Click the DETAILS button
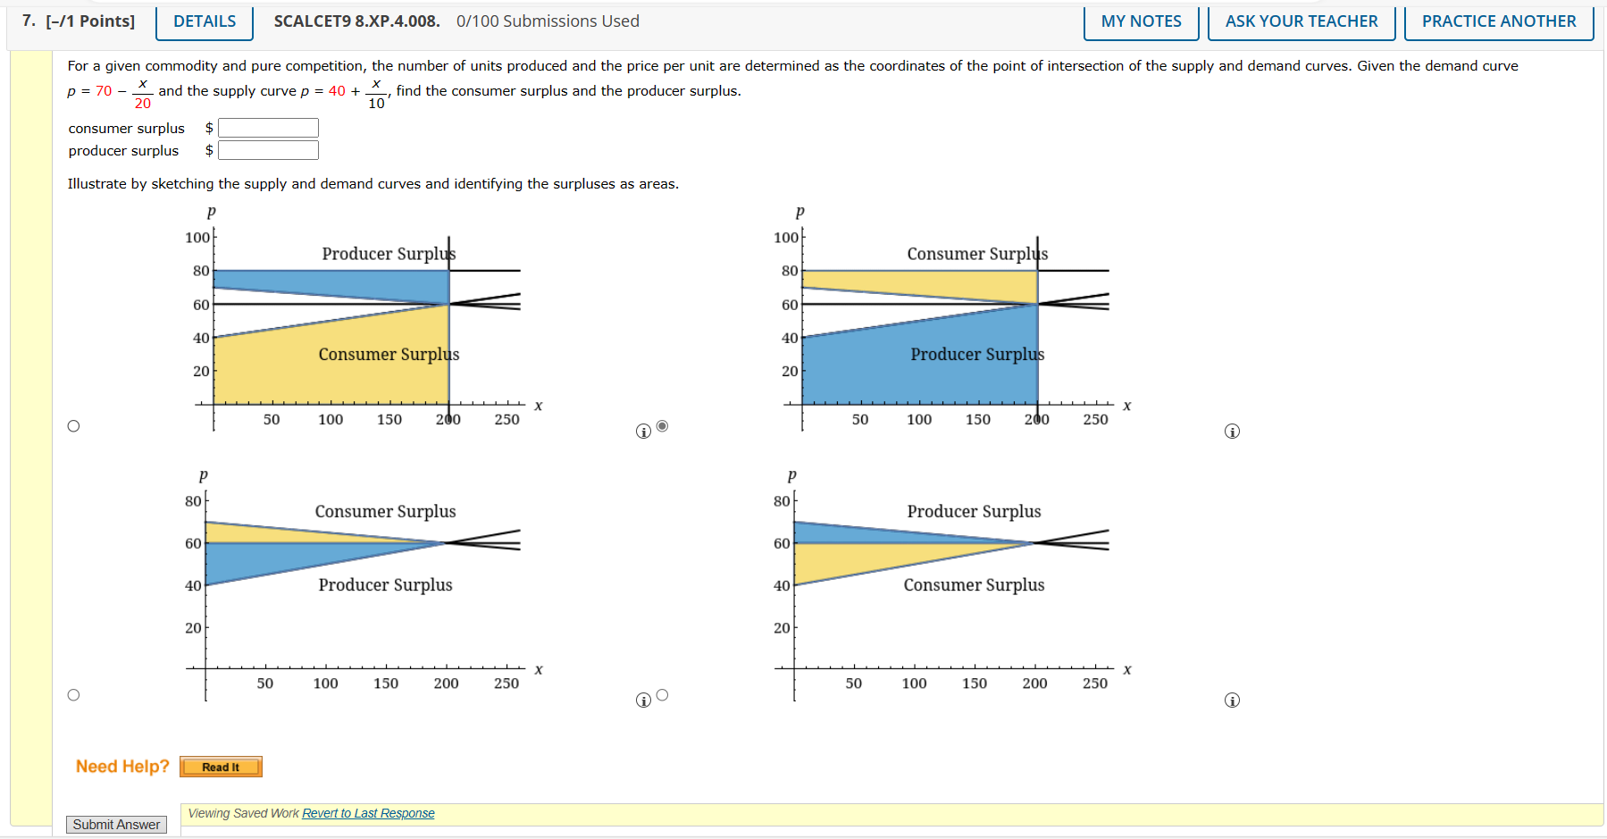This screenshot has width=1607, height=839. tap(205, 21)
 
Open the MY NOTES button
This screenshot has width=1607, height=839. tap(1141, 21)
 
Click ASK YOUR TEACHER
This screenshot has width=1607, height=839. tap(1301, 21)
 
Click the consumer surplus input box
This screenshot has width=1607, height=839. tap(268, 128)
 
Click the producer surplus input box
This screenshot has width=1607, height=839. tap(268, 150)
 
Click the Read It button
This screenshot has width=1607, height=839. tap(221, 767)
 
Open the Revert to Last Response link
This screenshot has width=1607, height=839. tap(368, 813)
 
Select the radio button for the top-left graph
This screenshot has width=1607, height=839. tap(73, 426)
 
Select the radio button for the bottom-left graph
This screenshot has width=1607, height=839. tap(73, 695)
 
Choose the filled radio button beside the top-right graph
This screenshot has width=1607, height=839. tap(662, 426)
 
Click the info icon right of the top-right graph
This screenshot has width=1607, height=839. tap(1232, 432)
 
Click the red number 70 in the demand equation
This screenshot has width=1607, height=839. tap(104, 91)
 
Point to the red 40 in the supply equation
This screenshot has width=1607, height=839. tap(337, 91)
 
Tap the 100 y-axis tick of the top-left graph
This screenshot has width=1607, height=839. tap(197, 238)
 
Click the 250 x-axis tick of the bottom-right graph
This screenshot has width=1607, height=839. tap(1094, 684)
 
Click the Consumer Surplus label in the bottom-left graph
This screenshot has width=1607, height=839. tap(385, 511)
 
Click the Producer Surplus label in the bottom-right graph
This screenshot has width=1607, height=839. tap(974, 511)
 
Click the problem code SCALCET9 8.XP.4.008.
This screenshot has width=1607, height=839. tap(356, 21)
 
